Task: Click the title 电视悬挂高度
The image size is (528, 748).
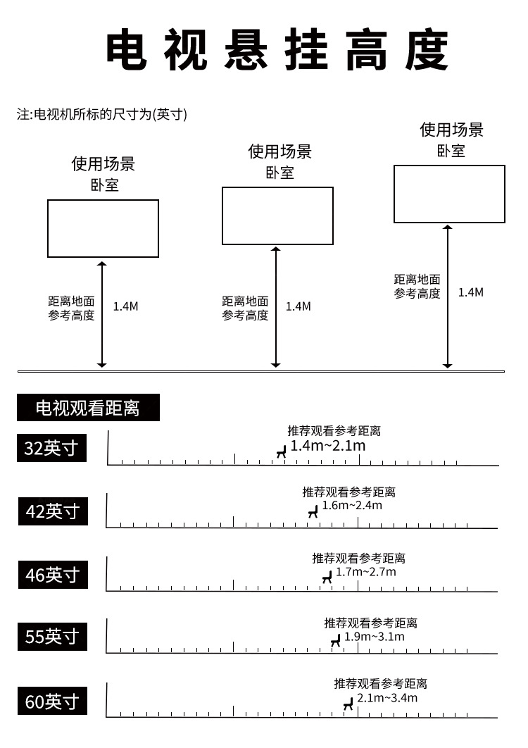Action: (x=277, y=49)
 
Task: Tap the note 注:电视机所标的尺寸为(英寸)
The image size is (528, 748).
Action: (x=102, y=114)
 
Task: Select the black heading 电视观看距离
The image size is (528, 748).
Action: (x=88, y=407)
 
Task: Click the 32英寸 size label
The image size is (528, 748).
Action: (x=51, y=448)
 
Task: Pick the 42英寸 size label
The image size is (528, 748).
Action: (x=53, y=511)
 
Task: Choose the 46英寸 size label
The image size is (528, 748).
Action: (x=53, y=574)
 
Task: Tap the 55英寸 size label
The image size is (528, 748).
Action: (x=53, y=637)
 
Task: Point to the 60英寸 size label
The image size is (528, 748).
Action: (x=53, y=701)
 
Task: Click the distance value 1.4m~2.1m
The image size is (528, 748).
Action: (x=328, y=446)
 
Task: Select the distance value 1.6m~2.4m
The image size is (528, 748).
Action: (x=352, y=505)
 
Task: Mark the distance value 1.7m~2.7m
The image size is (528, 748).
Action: (x=366, y=571)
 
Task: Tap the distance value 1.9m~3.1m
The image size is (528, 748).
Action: (x=375, y=637)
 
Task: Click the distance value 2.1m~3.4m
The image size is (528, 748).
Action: (x=387, y=698)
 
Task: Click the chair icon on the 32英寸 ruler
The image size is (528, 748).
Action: (x=282, y=451)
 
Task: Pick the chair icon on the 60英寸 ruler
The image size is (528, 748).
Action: (x=348, y=704)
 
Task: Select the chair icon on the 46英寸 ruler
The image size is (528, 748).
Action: (x=327, y=578)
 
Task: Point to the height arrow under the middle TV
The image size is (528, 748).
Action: (x=276, y=307)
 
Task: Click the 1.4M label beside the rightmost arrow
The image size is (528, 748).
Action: (x=471, y=292)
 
